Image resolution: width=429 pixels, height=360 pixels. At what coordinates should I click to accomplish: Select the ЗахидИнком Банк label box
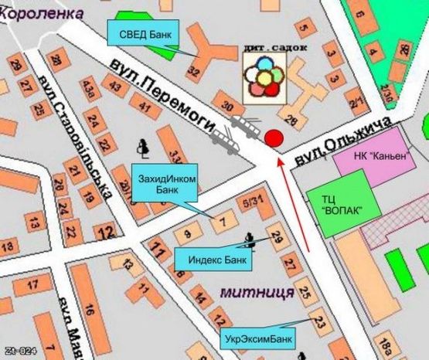coord(167,184)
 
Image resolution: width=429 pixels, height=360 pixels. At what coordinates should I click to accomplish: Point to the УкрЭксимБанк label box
coord(260,338)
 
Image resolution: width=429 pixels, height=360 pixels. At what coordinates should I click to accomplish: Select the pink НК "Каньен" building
coord(380,155)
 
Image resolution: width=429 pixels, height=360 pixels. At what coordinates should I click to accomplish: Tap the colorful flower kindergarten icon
coord(263,78)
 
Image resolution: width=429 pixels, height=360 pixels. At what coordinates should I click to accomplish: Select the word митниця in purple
coord(256,293)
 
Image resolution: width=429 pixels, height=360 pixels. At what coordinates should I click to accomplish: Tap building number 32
coord(194,72)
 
